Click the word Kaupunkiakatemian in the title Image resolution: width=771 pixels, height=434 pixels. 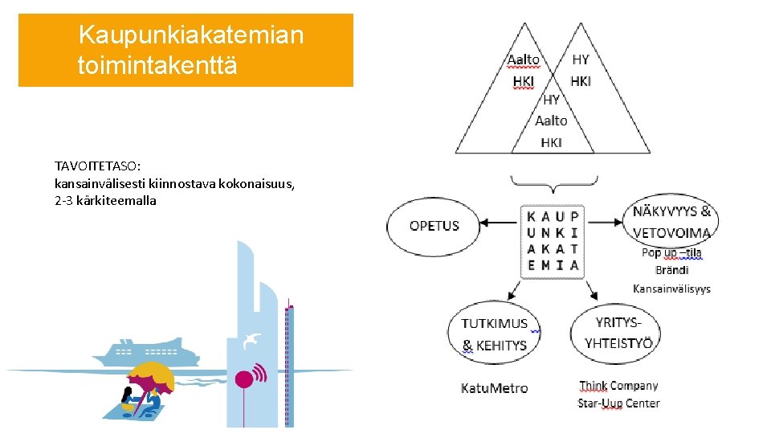click(190, 35)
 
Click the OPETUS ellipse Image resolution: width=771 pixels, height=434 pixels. click(434, 226)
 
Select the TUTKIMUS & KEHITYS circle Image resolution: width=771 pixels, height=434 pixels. click(494, 334)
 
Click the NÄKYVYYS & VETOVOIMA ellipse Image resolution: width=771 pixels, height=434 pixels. click(671, 222)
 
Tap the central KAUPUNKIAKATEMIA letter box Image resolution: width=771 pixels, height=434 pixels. click(553, 241)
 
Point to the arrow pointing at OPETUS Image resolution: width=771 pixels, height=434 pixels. click(501, 224)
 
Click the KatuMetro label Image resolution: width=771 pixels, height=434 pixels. click(494, 388)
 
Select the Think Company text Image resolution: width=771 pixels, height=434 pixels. click(618, 386)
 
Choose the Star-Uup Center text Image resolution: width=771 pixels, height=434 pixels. click(618, 403)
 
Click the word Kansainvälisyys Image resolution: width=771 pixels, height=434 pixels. click(671, 289)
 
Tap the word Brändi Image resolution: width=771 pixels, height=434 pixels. click(671, 270)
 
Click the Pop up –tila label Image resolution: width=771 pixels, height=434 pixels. click(671, 252)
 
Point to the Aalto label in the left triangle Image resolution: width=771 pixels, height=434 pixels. click(523, 59)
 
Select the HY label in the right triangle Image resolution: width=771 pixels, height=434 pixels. click(581, 59)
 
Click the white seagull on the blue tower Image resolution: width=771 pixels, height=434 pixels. click(252, 339)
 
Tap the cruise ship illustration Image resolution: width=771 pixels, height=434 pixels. click(145, 351)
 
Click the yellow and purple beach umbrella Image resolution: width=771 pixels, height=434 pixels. click(150, 377)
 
